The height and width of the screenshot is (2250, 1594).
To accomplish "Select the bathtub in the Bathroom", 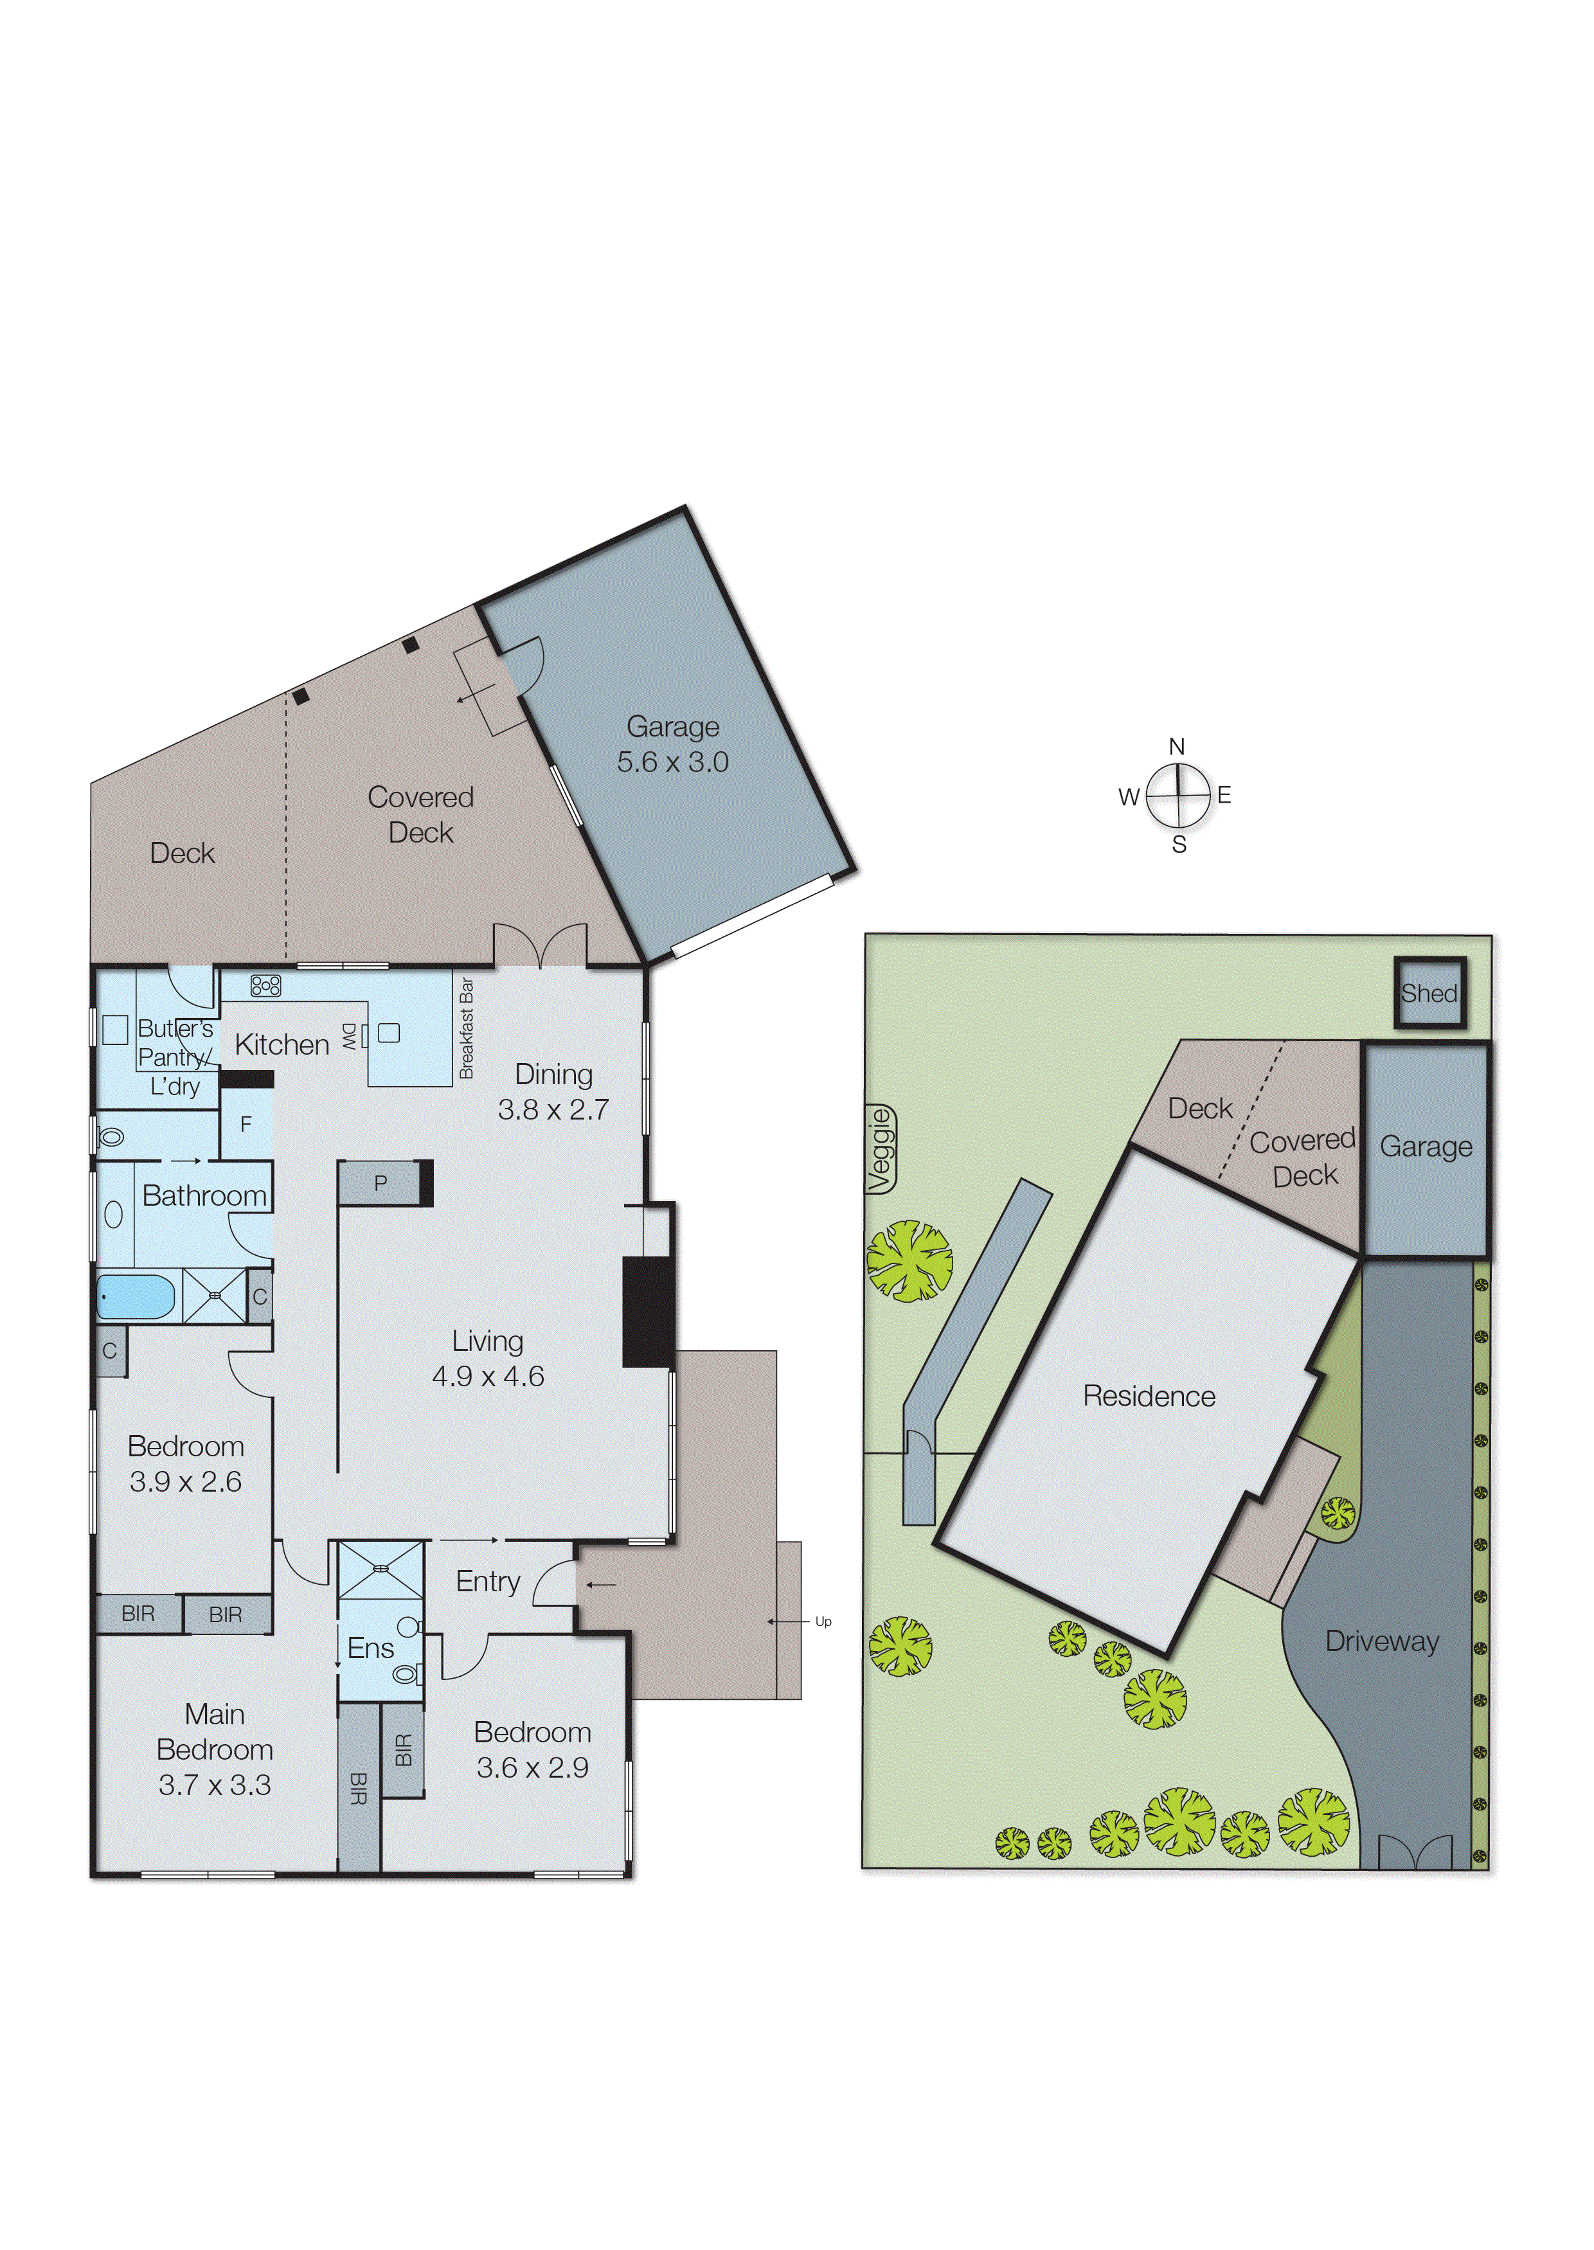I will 136,1296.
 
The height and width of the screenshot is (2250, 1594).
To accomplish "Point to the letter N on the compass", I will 1177,747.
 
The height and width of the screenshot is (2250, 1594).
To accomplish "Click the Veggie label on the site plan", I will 881,1149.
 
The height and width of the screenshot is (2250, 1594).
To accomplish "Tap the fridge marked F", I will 246,1123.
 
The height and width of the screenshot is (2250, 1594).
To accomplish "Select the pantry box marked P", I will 381,1183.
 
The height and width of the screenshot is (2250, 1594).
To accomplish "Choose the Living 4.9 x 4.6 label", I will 488,1358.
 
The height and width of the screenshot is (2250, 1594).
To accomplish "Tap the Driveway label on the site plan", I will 1382,1641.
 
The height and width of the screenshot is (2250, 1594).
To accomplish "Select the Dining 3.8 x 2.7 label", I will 553,1091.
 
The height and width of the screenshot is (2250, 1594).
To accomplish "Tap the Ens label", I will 370,1648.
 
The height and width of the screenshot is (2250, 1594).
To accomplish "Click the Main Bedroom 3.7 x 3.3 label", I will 215,1749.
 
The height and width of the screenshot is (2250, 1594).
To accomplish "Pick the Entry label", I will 488,1581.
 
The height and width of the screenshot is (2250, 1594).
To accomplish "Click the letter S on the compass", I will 1179,844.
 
